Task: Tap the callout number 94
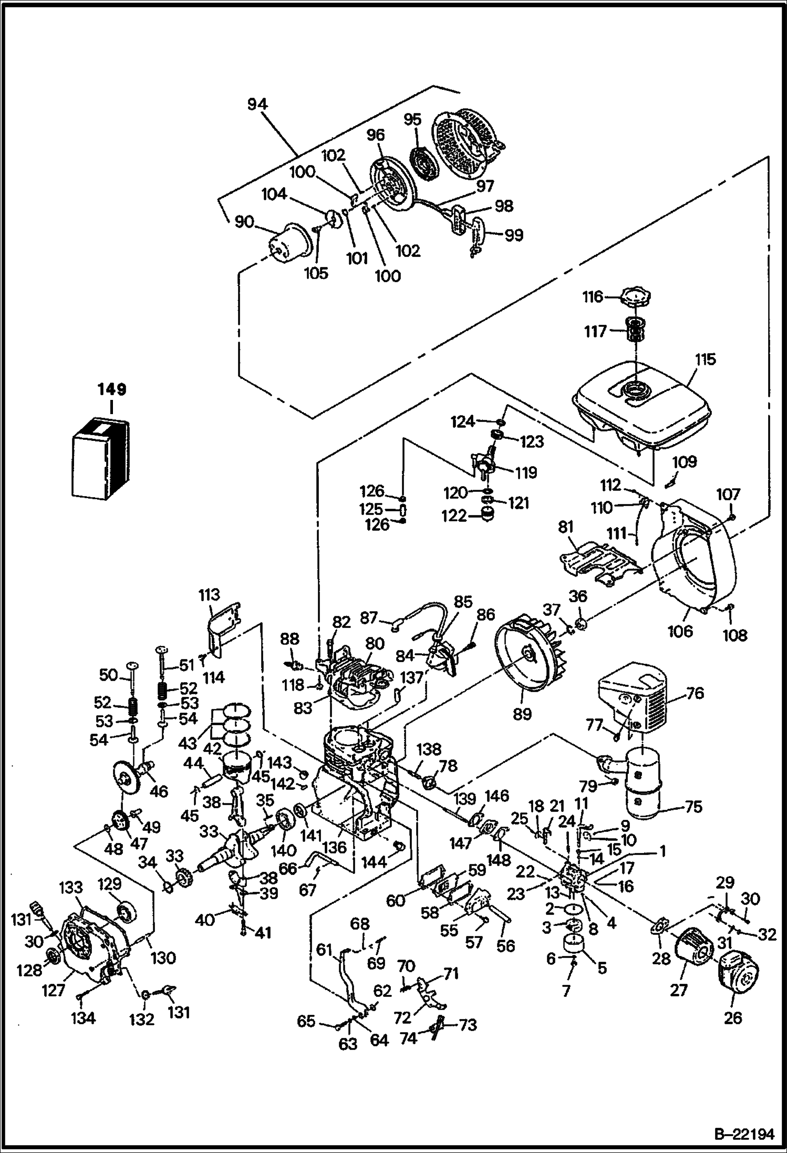pos(257,105)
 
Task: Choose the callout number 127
pos(53,990)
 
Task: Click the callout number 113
pos(209,595)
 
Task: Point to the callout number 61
pos(324,950)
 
